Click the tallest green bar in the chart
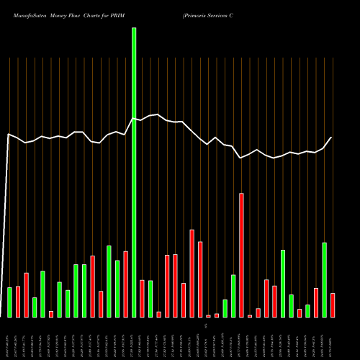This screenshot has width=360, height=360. (x=134, y=173)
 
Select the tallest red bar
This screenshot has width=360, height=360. (x=241, y=255)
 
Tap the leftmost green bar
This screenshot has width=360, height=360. (x=10, y=302)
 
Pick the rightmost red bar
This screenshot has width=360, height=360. (x=332, y=305)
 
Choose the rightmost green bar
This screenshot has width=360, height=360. (x=324, y=280)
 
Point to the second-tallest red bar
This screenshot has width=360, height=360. (x=192, y=274)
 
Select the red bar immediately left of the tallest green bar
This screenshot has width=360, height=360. (x=125, y=284)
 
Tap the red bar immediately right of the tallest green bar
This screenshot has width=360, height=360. (x=142, y=298)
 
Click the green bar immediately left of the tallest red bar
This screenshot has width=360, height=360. (x=233, y=296)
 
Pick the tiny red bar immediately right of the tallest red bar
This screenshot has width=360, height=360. (x=250, y=315)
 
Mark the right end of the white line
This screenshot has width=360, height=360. (x=332, y=137)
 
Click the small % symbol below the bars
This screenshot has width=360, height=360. (x=205, y=326)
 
